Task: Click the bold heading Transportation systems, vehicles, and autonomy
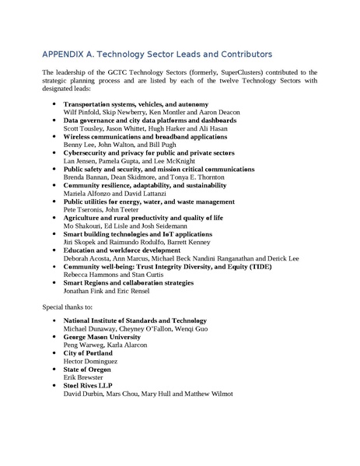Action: (x=135, y=104)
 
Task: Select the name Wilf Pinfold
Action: (x=82, y=113)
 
